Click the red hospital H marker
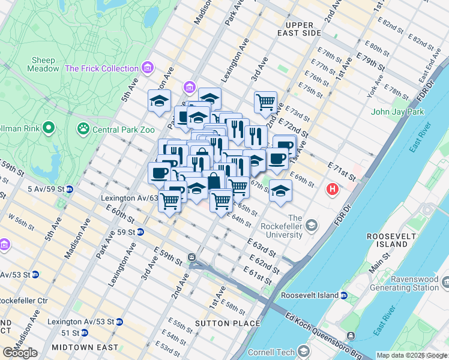331,190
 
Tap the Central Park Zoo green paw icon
83,129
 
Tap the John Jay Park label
397,112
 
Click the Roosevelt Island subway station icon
343,295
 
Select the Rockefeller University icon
312,226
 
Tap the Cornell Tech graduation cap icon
304,351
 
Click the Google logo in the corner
20,353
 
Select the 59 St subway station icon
140,232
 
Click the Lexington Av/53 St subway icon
119,322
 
